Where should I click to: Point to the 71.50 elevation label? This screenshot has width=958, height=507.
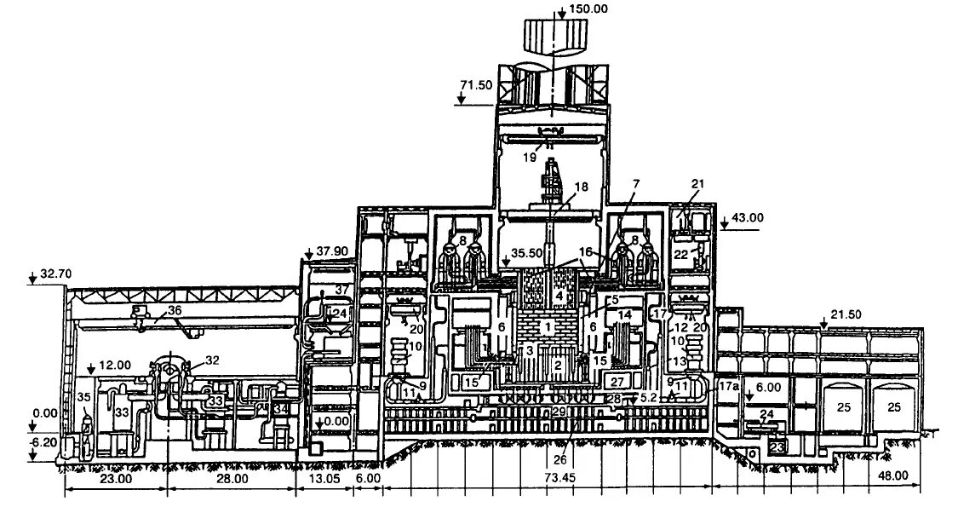click(x=476, y=87)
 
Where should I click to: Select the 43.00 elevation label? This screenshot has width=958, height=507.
click(x=746, y=218)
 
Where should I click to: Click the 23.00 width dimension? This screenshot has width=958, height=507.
click(x=116, y=479)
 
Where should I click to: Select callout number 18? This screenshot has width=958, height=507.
click(x=580, y=187)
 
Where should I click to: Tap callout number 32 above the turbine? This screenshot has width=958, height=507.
click(x=211, y=360)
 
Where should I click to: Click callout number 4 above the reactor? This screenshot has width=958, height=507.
click(x=559, y=296)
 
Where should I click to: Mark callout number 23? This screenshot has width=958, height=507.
click(x=777, y=446)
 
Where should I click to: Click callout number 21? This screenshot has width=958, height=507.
click(x=699, y=185)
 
